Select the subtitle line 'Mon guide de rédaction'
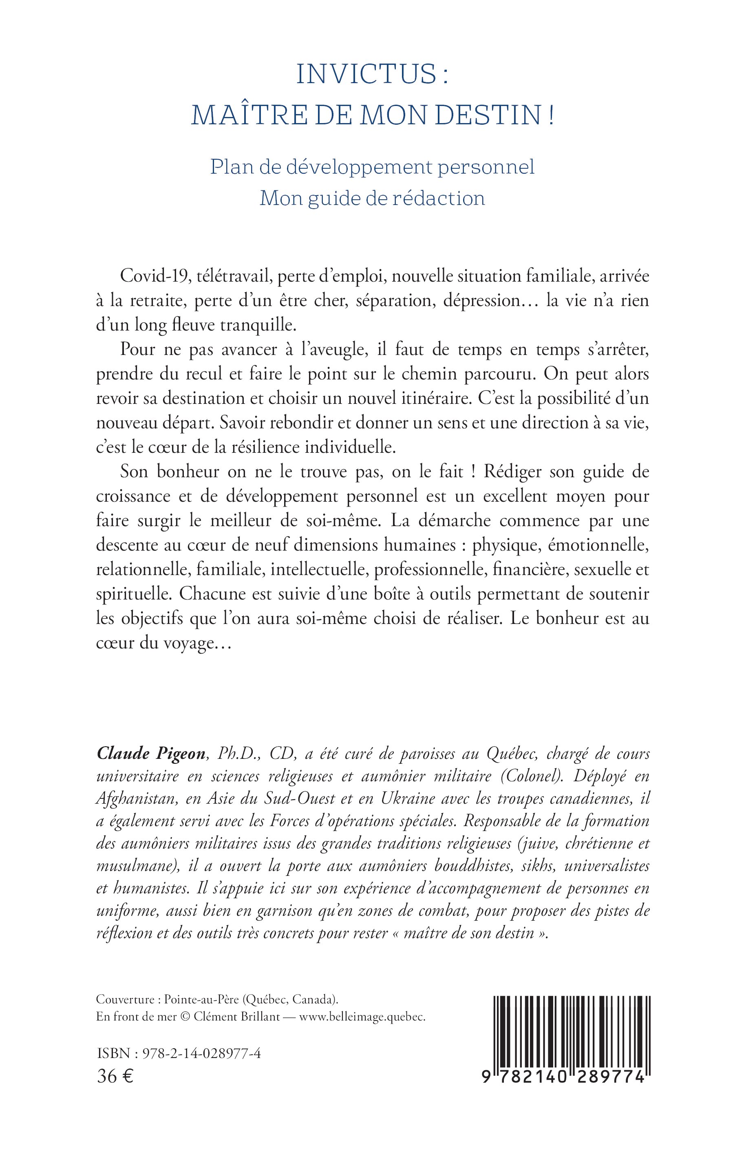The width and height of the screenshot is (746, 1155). [x=372, y=198]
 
